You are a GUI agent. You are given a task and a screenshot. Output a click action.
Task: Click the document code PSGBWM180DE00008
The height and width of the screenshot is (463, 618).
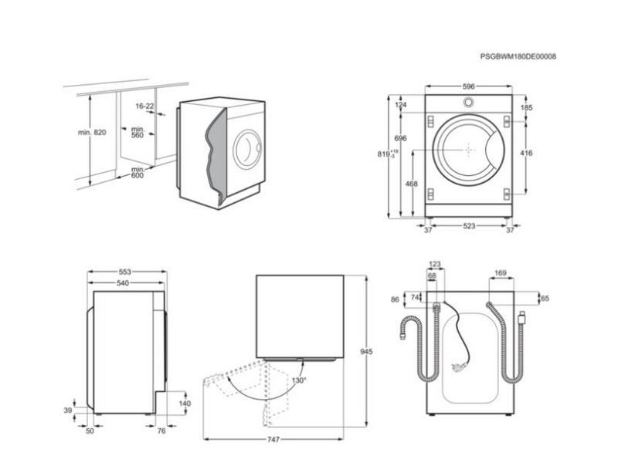pyautogui.click(x=518, y=56)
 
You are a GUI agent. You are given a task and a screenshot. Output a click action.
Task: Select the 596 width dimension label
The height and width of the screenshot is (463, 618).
pyautogui.click(x=468, y=86)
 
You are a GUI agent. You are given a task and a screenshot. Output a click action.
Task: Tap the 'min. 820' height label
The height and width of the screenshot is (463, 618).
pyautogui.click(x=91, y=133)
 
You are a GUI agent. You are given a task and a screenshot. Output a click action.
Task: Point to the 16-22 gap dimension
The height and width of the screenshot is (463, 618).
pyautogui.click(x=144, y=106)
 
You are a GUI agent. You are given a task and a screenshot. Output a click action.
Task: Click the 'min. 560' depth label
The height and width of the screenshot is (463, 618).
pyautogui.click(x=138, y=133)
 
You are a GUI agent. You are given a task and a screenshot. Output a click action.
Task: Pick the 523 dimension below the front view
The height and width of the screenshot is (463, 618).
pyautogui.click(x=469, y=226)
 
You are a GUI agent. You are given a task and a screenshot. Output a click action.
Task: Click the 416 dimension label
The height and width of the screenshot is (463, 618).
pyautogui.click(x=526, y=154)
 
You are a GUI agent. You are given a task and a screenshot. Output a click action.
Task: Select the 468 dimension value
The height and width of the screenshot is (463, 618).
pyautogui.click(x=411, y=184)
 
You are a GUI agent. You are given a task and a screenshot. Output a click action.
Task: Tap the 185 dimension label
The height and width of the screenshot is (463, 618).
pyautogui.click(x=526, y=108)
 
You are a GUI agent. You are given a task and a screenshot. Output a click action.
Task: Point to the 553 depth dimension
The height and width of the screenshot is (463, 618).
pyautogui.click(x=125, y=272)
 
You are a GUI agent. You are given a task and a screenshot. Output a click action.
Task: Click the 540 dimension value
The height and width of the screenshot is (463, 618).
pyautogui.click(x=123, y=283)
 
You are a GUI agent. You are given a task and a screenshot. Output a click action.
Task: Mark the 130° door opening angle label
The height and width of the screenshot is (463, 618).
pyautogui.click(x=298, y=380)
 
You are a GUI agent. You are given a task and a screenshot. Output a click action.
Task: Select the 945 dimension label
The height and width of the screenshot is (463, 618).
pyautogui.click(x=366, y=352)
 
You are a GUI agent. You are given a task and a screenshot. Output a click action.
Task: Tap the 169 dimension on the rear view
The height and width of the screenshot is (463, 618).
pyautogui.click(x=500, y=272)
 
